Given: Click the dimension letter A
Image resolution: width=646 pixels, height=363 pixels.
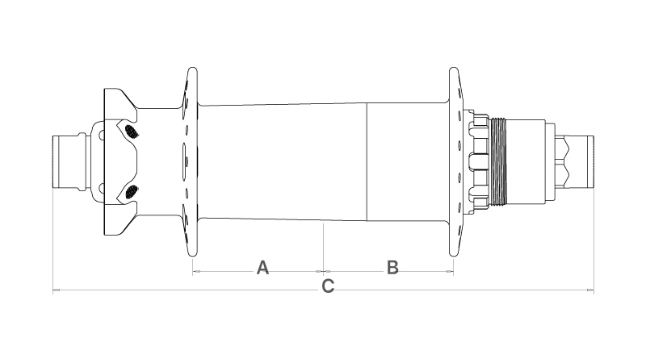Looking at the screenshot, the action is pyautogui.click(x=262, y=268).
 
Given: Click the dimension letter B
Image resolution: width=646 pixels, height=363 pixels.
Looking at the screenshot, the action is pyautogui.click(x=392, y=268).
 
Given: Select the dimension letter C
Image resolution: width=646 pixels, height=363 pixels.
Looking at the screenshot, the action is pyautogui.click(x=328, y=286).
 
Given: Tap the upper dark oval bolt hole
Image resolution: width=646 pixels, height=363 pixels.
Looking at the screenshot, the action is pyautogui.click(x=132, y=131).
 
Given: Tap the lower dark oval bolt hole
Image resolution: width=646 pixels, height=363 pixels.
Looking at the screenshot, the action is pyautogui.click(x=132, y=191).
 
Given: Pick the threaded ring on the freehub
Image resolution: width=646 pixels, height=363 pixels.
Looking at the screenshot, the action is pyautogui.click(x=498, y=162).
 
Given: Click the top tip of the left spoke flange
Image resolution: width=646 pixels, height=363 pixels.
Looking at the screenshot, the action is pyautogui.click(x=192, y=68).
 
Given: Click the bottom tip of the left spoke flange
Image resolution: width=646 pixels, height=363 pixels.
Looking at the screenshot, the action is pyautogui.click(x=192, y=256).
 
